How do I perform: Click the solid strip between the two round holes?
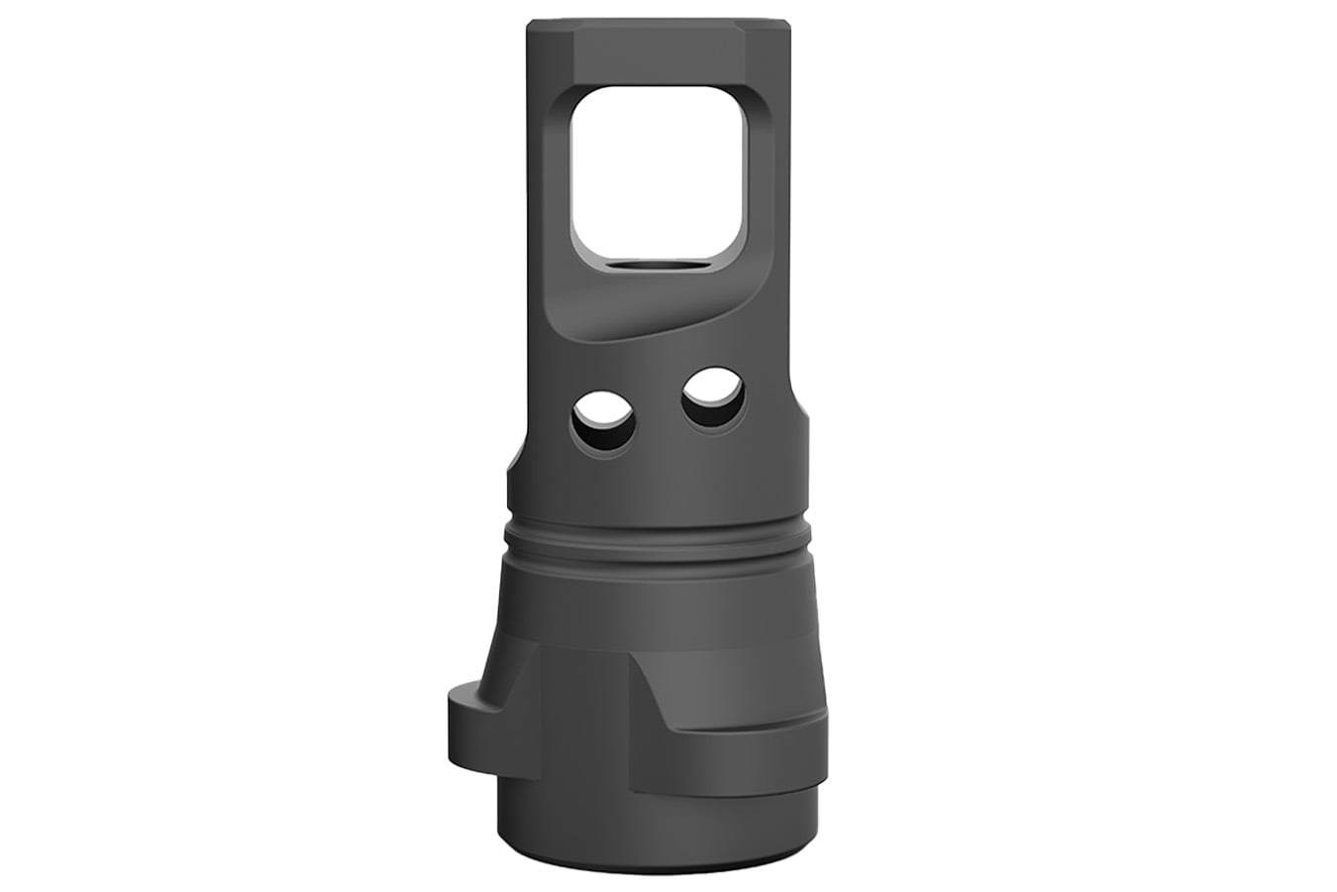click(659, 411)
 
